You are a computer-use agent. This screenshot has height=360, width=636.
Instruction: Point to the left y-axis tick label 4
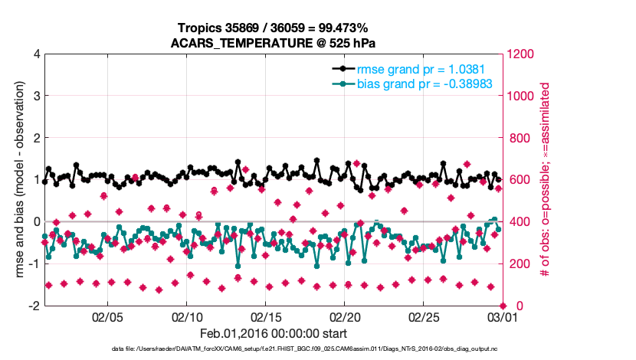37,54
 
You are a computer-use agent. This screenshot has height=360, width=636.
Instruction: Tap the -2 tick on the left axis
34,306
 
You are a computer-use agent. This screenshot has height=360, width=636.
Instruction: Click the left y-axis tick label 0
37,222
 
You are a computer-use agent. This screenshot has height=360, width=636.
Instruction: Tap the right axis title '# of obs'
545,180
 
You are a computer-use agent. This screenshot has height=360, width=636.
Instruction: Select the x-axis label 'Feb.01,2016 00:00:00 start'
274,334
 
